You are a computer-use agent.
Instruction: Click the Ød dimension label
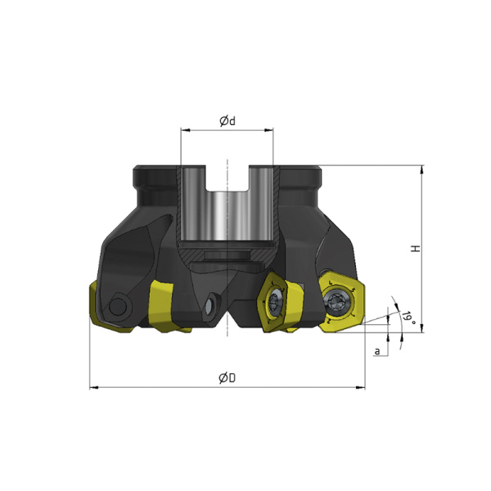click(x=227, y=121)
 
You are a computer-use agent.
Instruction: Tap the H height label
click(x=416, y=249)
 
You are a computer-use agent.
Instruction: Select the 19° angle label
click(x=409, y=318)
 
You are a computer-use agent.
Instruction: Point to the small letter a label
click(x=377, y=351)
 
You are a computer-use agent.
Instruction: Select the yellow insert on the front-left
click(x=164, y=306)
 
